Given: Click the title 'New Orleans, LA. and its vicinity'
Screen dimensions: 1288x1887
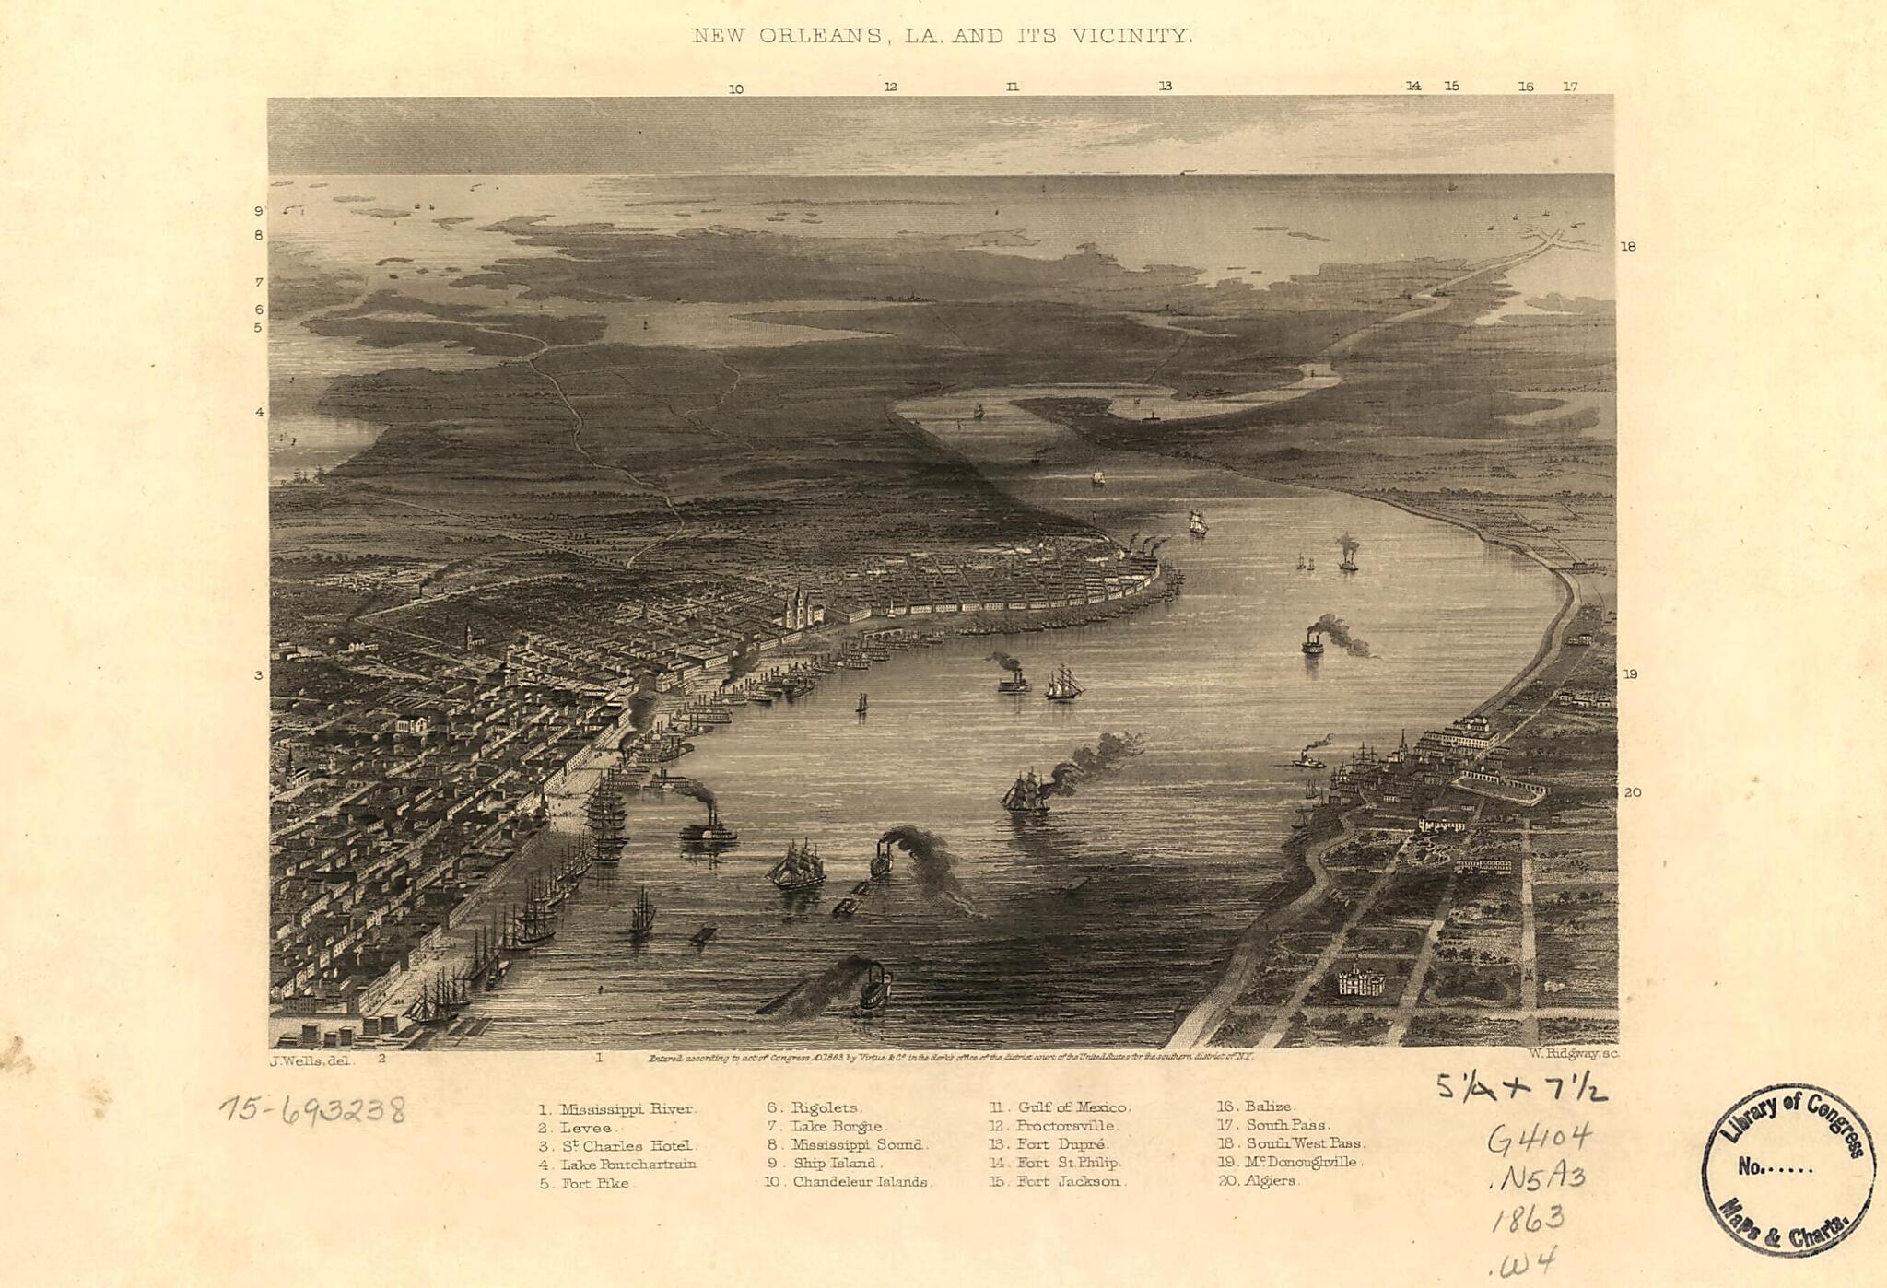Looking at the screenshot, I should (x=943, y=37).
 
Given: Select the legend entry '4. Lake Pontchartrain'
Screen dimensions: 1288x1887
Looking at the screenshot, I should (x=617, y=1165).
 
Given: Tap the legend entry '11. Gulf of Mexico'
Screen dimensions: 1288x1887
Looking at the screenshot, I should (x=1060, y=1107).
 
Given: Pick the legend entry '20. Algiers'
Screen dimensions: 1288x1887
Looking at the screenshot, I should (x=1258, y=1181).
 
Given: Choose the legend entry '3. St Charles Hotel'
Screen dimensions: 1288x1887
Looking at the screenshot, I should (x=618, y=1146).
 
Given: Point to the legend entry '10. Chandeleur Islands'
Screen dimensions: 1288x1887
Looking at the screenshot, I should (x=847, y=1182).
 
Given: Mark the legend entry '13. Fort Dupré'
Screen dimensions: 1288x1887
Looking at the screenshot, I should (x=1049, y=1144).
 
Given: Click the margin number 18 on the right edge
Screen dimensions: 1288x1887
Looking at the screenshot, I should (x=1628, y=247).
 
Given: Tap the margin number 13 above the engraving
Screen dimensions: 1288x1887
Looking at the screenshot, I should (x=1166, y=86).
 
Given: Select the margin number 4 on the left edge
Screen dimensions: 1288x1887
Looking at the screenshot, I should (x=260, y=412).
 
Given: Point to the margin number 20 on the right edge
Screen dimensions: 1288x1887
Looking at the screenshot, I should (x=1632, y=792).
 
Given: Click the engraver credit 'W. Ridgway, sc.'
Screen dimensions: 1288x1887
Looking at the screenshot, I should (x=1573, y=1054).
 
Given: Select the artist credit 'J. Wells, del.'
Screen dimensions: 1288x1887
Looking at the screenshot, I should (x=311, y=1060).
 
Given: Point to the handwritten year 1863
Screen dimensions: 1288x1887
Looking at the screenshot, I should (x=1528, y=1219).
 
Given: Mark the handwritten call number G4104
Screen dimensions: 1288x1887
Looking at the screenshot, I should (x=1539, y=1139).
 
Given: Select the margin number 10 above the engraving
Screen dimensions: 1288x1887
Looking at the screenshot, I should (x=735, y=89).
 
